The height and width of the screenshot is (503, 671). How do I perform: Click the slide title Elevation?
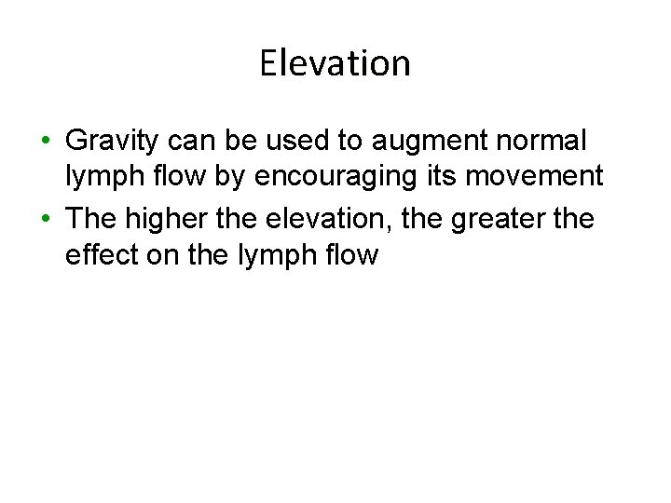coord(335,63)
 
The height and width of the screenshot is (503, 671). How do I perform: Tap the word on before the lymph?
coord(163,254)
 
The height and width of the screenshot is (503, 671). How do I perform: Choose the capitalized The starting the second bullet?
coord(90,218)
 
